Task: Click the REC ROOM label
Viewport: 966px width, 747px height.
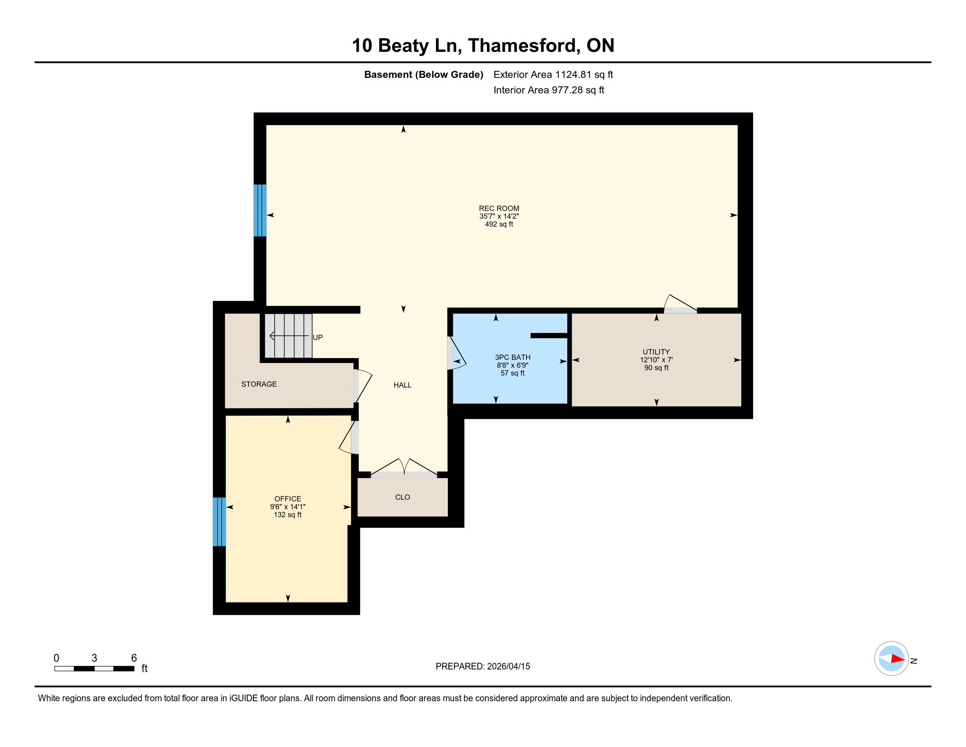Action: pyautogui.click(x=499, y=208)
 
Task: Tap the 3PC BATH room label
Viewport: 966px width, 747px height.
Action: pyautogui.click(x=512, y=357)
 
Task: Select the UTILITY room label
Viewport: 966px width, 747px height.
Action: pyautogui.click(x=656, y=352)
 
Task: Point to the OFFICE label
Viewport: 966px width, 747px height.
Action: pyautogui.click(x=288, y=499)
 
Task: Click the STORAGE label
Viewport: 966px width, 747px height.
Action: pyautogui.click(x=259, y=384)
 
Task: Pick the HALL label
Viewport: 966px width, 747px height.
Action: pyautogui.click(x=403, y=385)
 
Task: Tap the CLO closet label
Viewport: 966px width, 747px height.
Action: pyautogui.click(x=403, y=497)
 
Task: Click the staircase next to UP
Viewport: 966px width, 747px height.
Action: pyautogui.click(x=289, y=336)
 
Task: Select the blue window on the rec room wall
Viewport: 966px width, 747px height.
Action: pyautogui.click(x=260, y=210)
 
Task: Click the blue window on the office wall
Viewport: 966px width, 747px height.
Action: pyautogui.click(x=220, y=522)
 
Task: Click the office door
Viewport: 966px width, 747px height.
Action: pyautogui.click(x=349, y=437)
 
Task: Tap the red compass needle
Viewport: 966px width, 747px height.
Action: pyautogui.click(x=898, y=659)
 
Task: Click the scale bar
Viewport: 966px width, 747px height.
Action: pyautogui.click(x=94, y=669)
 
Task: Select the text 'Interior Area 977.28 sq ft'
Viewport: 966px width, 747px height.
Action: pyautogui.click(x=548, y=90)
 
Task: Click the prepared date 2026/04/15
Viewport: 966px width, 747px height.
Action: pyautogui.click(x=508, y=667)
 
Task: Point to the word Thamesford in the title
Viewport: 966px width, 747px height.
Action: pyautogui.click(x=523, y=46)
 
